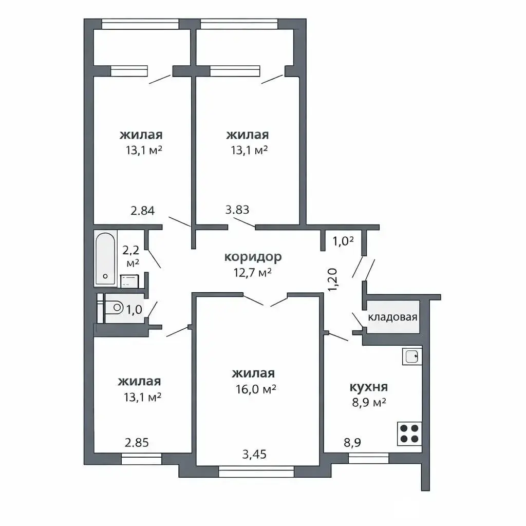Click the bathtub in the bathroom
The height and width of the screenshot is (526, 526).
pos(105,259)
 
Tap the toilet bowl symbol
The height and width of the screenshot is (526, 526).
pos(114,308)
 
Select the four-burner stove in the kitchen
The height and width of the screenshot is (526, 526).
pos(409,434)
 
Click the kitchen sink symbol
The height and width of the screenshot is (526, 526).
pos(412,356)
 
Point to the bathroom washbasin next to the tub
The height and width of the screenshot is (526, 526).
pos(129,281)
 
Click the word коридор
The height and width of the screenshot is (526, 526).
pos(253,257)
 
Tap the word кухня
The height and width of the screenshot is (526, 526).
pos(369,387)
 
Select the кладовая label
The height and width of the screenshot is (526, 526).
pos(392,317)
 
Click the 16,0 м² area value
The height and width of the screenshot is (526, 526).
pos(256,389)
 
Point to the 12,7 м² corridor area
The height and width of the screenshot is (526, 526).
pos(253,272)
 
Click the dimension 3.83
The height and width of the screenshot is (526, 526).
pos(237,210)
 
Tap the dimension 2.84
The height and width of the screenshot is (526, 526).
pos(143,211)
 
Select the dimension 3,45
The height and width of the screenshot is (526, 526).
pos(254,454)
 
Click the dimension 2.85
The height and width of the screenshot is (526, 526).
pos(137,443)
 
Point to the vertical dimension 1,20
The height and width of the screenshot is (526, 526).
pos(332,279)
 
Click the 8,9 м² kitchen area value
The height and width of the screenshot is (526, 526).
pos(369,402)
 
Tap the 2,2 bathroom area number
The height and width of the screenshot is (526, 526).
pos(131,250)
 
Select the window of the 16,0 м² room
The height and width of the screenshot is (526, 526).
pos(256,471)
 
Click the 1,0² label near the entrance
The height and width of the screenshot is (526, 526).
pos(343,241)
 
